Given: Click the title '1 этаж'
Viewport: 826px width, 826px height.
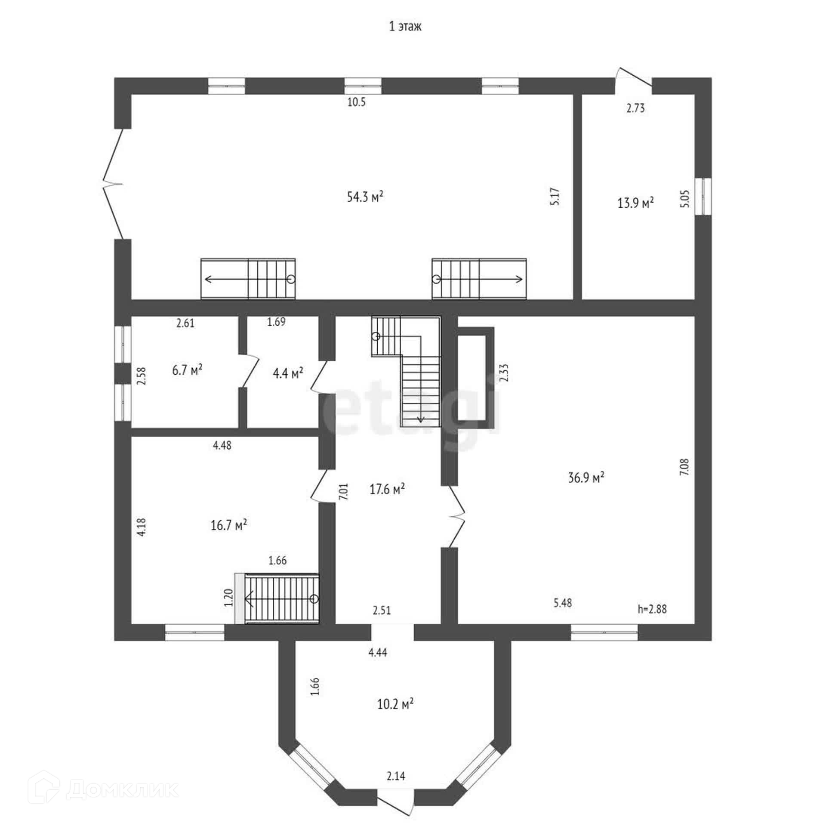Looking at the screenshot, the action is pyautogui.click(x=405, y=26).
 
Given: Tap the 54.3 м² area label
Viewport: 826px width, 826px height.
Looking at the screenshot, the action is pyautogui.click(x=365, y=197).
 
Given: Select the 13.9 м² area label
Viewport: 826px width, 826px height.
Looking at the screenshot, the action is pyautogui.click(x=635, y=203).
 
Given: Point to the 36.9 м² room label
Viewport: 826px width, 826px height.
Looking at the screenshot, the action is pyautogui.click(x=586, y=477).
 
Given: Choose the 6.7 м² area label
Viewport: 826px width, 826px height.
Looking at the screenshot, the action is pyautogui.click(x=187, y=370).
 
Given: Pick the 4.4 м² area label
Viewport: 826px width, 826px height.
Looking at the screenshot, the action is pyautogui.click(x=288, y=373).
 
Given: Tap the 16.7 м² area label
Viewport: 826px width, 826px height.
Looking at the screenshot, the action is pyautogui.click(x=228, y=525).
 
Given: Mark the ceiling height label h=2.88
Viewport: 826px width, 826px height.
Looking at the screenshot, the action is pyautogui.click(x=652, y=609).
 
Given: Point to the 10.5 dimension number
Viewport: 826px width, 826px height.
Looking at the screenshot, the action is pyautogui.click(x=356, y=102).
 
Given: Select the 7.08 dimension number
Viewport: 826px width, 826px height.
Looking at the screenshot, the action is pyautogui.click(x=684, y=467).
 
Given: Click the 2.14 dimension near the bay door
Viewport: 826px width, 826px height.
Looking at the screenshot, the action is pyautogui.click(x=395, y=788).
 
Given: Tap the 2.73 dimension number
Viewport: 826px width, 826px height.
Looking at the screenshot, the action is pyautogui.click(x=635, y=108).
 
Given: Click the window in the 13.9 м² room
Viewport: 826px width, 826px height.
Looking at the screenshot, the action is pyautogui.click(x=704, y=196).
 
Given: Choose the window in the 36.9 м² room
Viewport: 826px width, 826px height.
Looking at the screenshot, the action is pyautogui.click(x=604, y=632).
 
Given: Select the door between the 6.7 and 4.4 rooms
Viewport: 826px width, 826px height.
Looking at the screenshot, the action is pyautogui.click(x=248, y=371).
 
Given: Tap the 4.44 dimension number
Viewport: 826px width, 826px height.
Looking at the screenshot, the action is pyautogui.click(x=378, y=653).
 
